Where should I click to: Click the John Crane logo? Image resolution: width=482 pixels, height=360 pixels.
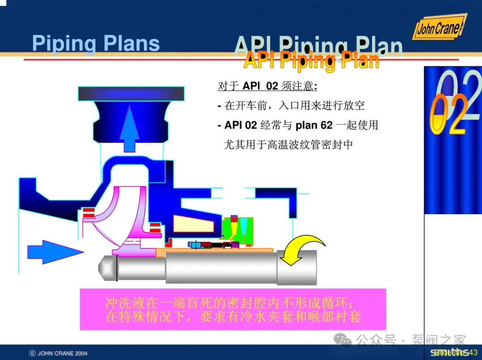(439, 28)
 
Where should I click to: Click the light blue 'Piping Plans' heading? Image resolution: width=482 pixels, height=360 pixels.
(96, 44)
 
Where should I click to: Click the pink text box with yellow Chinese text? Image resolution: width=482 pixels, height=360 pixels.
(233, 309)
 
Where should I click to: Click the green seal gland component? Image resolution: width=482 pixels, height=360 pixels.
(237, 229)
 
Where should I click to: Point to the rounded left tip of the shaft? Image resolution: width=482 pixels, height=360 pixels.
(107, 267)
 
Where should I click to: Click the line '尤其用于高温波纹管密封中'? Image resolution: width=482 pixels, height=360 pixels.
(288, 145)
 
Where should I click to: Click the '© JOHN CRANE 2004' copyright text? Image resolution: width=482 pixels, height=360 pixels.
(58, 353)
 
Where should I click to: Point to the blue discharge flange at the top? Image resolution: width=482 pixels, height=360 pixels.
(131, 93)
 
